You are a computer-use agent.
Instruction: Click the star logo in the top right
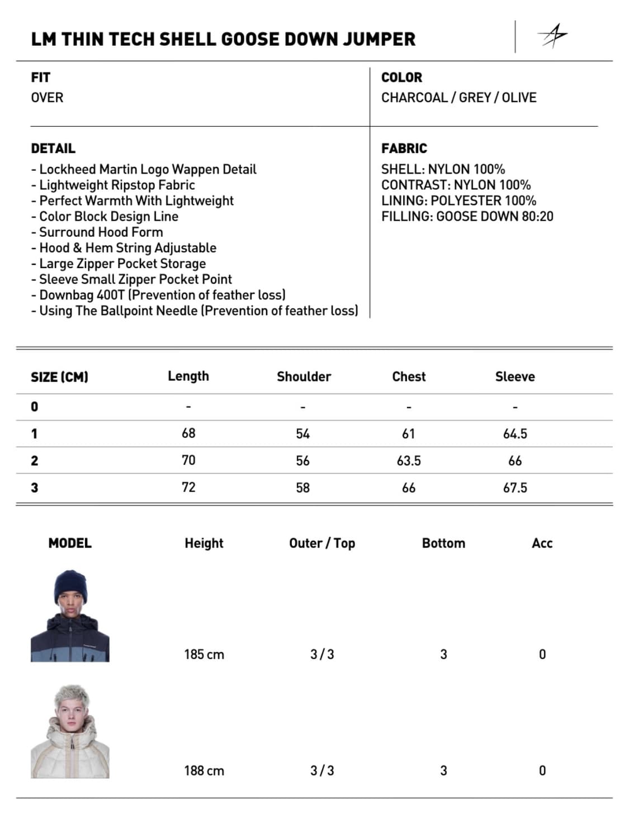(552, 36)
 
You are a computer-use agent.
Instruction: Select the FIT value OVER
(47, 98)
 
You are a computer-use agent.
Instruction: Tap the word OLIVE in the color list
(519, 98)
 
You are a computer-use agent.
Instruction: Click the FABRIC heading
(404, 149)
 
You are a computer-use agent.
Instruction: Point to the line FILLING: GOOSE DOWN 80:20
(467, 217)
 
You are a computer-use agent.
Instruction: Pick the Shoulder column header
(304, 377)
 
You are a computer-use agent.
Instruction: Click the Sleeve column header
(514, 377)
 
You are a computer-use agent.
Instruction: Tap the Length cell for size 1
(188, 434)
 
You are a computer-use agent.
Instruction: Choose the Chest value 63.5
(408, 461)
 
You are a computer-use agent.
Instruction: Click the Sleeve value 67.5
(514, 488)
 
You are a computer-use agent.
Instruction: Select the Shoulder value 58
(302, 488)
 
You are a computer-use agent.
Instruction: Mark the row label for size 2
(35, 461)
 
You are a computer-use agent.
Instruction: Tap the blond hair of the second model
(72, 696)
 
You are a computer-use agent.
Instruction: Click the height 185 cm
(204, 655)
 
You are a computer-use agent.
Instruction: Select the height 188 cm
(204, 771)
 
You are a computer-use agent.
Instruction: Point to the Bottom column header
(443, 543)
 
